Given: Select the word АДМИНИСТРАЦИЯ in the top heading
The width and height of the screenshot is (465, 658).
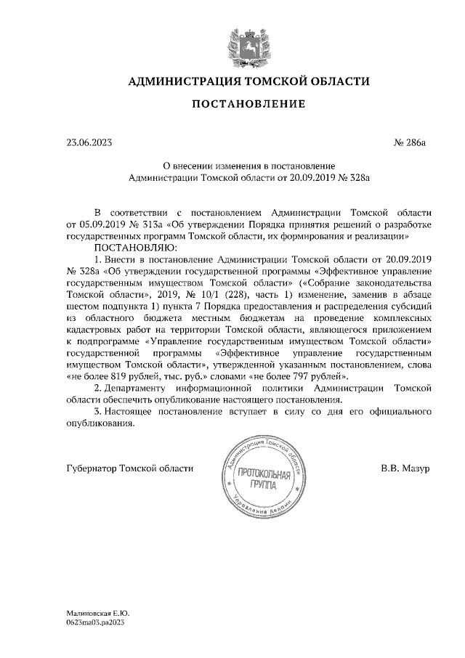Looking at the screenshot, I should coord(182,81).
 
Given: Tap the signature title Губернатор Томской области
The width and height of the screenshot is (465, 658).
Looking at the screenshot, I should coord(129,468).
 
